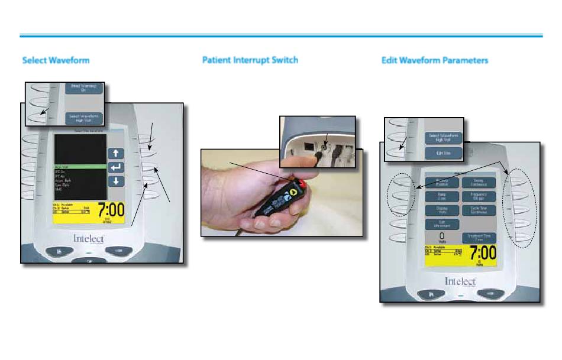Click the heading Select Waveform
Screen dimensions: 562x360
coord(56,60)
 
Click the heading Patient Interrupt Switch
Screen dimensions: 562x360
coord(250,60)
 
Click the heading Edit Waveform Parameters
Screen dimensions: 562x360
coord(435,60)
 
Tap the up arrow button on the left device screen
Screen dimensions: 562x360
coord(116,153)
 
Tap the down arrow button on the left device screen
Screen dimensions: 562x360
coord(116,181)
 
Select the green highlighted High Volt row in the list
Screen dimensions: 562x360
coord(80,167)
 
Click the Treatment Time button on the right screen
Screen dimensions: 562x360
coord(480,238)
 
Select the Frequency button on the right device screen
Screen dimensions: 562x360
coord(480,196)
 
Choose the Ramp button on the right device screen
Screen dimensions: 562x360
coord(443,196)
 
